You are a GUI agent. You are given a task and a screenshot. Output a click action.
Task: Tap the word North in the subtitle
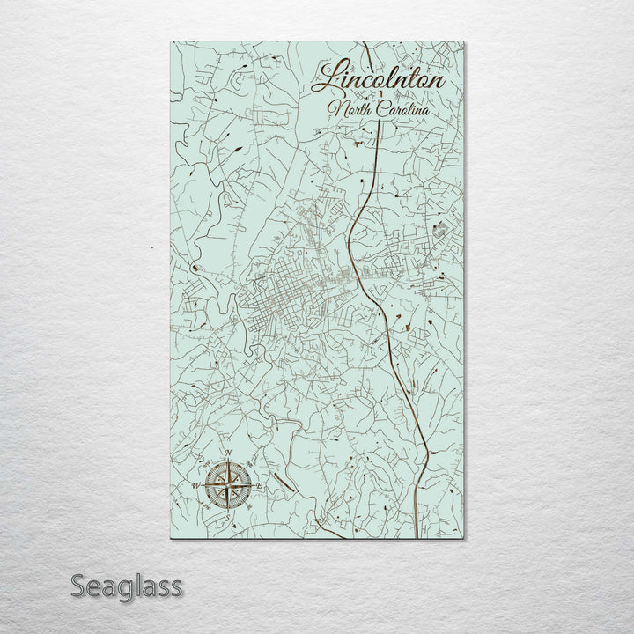coord(345,109)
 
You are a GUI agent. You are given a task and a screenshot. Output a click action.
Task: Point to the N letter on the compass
coord(229,455)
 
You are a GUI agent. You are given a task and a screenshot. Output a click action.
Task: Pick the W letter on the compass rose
coord(195,485)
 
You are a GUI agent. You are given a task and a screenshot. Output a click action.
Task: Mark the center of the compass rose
coord(229,485)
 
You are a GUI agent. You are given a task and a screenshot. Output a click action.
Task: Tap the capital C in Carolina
coord(373,110)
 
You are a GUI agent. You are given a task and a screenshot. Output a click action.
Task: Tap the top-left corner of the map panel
coord(167,41)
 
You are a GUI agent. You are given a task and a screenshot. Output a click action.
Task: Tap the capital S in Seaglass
coord(79,586)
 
